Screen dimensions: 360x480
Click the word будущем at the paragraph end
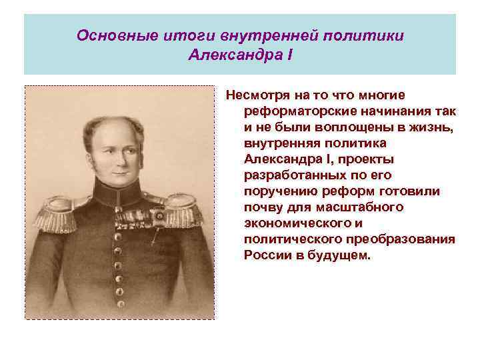point(339,256)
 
